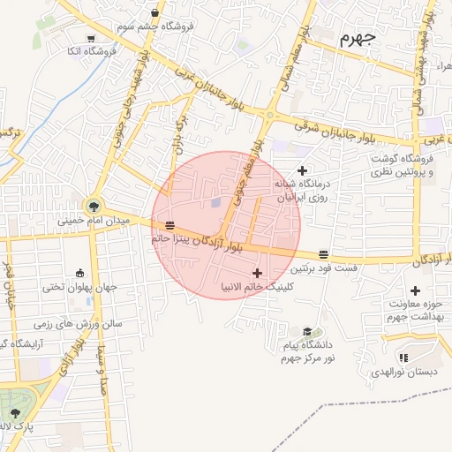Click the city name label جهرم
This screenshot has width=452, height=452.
357,39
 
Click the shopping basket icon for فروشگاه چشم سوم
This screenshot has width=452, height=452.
155,13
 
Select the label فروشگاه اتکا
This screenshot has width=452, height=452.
92,51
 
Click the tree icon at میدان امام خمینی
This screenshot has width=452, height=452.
94,206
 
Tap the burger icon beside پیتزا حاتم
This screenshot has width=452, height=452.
169,225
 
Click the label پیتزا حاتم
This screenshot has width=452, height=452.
171,238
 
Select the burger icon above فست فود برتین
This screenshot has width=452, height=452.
324,254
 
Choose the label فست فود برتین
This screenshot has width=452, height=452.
324,267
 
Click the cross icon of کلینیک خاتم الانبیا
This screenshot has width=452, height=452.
257,273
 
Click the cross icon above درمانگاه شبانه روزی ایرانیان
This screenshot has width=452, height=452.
303,170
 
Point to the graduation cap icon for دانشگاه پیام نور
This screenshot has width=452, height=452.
305,331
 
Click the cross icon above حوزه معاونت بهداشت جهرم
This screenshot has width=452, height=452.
415,290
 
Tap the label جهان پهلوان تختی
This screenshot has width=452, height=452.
80,287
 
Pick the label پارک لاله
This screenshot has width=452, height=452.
18,427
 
